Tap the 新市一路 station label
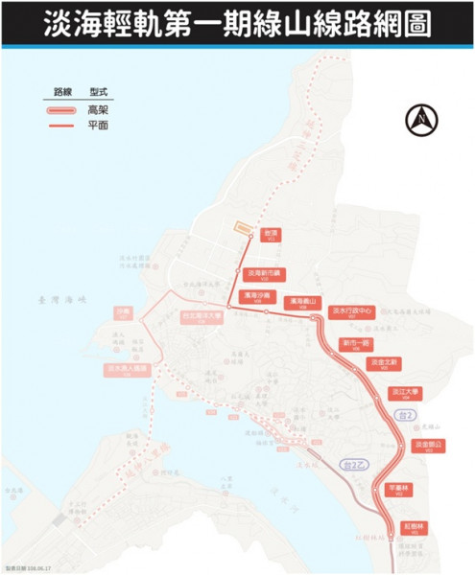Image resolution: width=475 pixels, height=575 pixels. (356, 342)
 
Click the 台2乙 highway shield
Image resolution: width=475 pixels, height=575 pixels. (356, 463)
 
